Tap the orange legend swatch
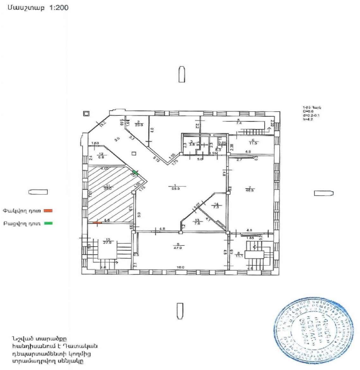pyautogui.click(x=47, y=210)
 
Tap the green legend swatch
pyautogui.click(x=47, y=223)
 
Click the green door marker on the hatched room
pyautogui.click(x=135, y=172)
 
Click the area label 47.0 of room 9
pyautogui.click(x=177, y=248)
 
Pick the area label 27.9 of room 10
pyautogui.click(x=107, y=243)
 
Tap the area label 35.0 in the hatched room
pyautogui.click(x=107, y=189)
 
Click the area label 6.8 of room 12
pyautogui.click(x=100, y=158)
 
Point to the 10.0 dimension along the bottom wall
pyautogui.click(x=181, y=267)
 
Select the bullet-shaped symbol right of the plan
pyautogui.click(x=321, y=193)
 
